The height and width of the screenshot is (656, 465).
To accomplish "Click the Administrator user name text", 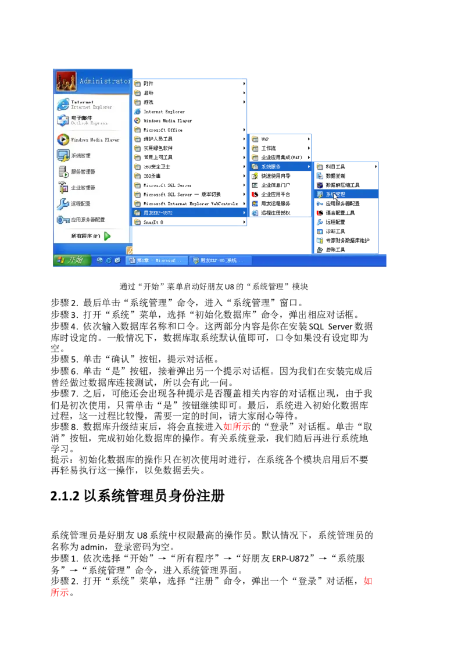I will pos(105,81).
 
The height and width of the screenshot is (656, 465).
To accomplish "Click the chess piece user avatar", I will pos(66,81).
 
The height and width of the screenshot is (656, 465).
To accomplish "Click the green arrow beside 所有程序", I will pos(108,236).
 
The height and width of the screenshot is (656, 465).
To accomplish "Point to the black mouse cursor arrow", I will pos(335,196).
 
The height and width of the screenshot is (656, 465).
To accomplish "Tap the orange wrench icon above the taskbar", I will pos(131,250).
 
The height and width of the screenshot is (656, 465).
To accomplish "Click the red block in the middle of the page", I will pos(237,428).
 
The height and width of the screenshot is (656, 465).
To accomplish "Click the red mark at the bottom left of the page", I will pos(59,593).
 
